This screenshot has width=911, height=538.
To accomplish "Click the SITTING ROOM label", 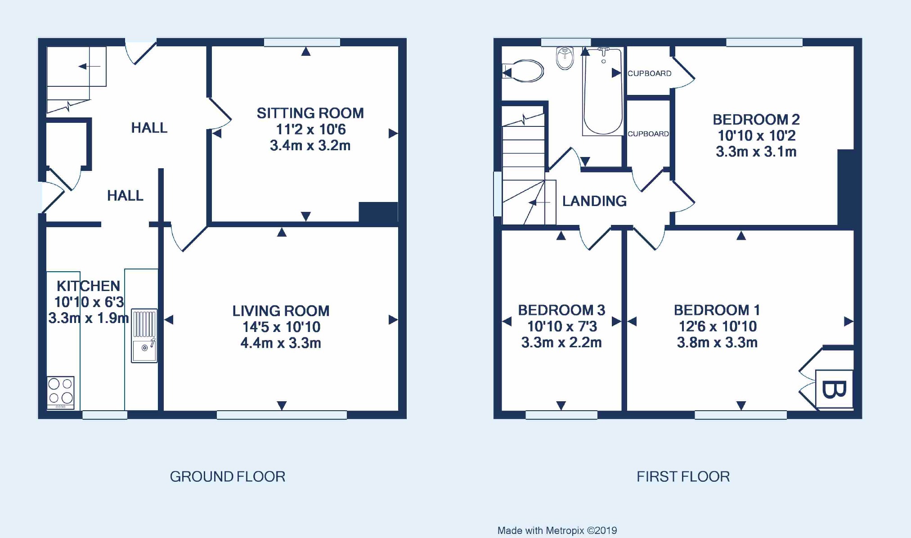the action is pos(310,113).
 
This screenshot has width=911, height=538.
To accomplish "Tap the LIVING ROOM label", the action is pos(281,311).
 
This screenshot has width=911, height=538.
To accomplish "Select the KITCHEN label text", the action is pos(88,286).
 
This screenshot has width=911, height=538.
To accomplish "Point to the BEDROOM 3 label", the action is pos(561,310).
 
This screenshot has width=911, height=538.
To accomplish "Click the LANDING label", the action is pos(594,201).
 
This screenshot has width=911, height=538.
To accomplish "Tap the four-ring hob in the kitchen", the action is pos(61,392).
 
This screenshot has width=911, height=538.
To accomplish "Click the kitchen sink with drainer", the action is pos(144,336).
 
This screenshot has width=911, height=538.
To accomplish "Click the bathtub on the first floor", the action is pos(603,92).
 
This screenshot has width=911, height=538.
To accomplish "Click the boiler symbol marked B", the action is pos(834,389).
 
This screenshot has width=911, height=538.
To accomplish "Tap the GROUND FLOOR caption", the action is pos(228,477).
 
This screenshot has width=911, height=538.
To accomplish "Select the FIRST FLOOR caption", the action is pos(683,477).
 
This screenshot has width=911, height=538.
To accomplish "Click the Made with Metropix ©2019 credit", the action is pos(557,531).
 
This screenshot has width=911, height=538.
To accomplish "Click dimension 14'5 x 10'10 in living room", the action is pos(281,327).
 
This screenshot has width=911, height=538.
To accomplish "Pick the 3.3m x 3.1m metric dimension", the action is pos(756,152).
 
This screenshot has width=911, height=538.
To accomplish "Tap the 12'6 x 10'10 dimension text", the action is pos(718,326).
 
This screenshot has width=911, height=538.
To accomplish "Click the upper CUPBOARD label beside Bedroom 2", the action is pos(649,73).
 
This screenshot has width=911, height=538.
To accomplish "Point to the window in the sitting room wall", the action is pos(302,42).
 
